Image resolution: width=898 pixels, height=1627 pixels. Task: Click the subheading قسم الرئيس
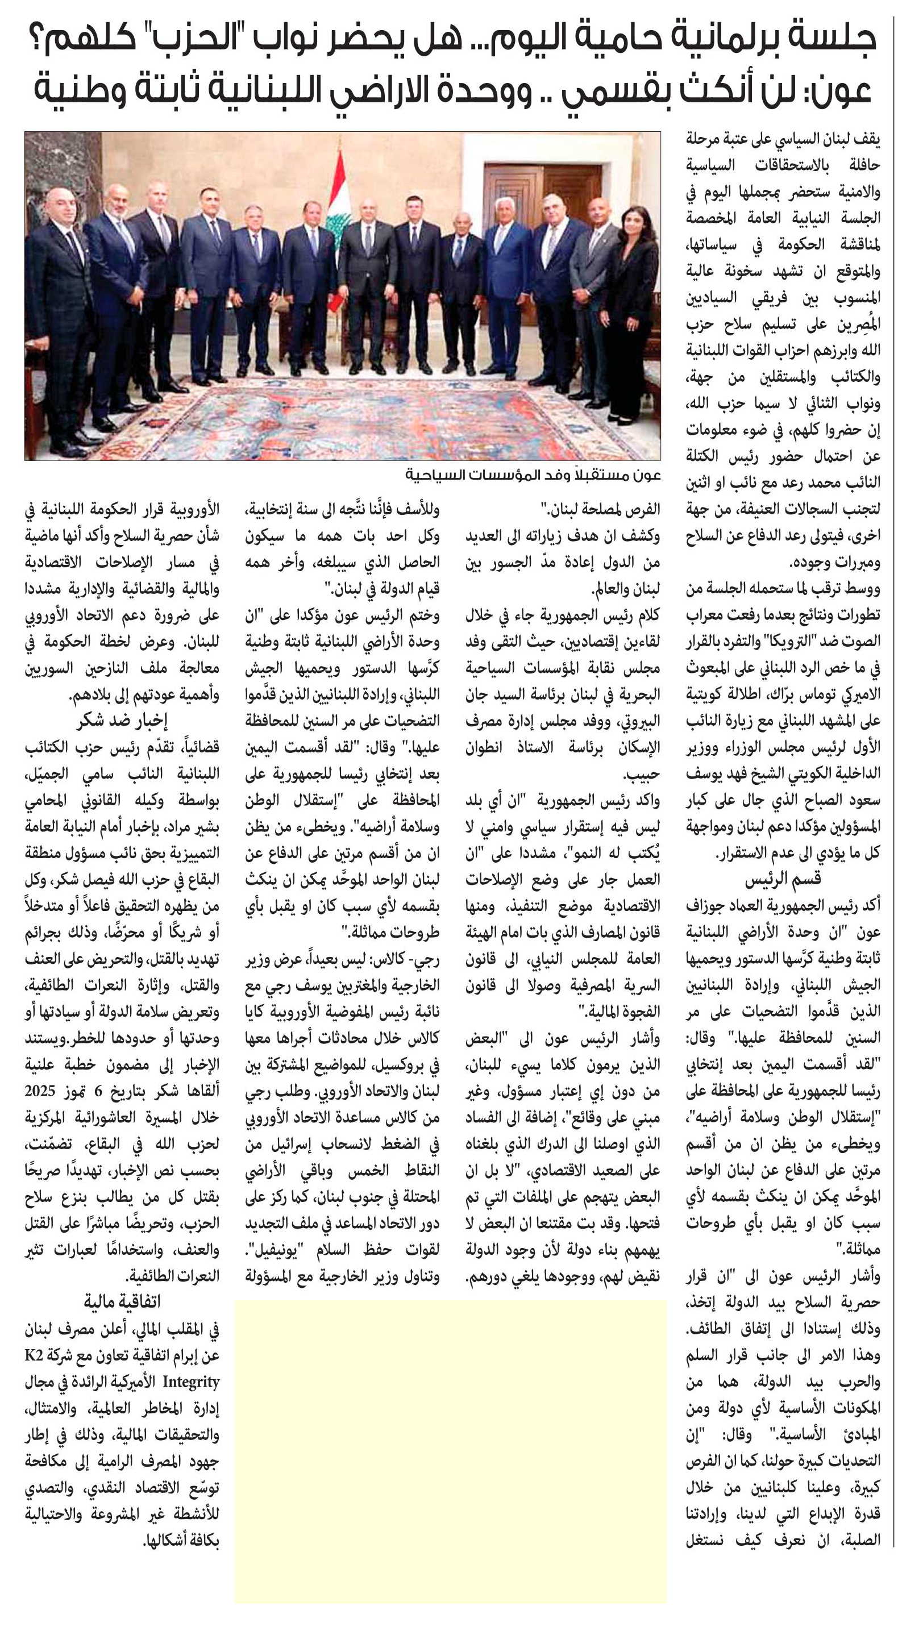click(783, 879)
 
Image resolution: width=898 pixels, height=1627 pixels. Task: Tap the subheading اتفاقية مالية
click(123, 1301)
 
